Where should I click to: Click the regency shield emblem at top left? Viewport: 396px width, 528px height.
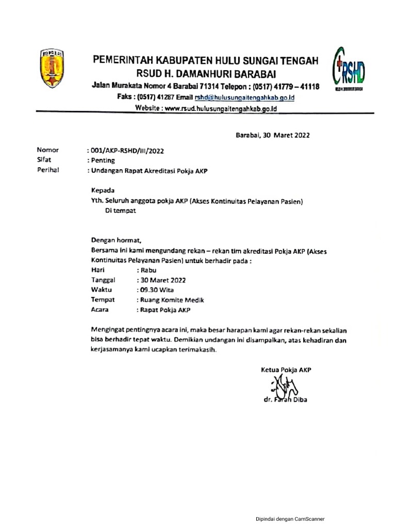point(52,68)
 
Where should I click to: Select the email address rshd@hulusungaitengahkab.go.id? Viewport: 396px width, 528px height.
point(244,97)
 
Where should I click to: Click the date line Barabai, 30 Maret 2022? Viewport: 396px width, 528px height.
point(273,136)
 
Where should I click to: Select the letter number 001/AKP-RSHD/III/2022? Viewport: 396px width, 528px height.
point(127,151)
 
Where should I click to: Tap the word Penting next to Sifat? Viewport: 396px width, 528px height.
point(103,160)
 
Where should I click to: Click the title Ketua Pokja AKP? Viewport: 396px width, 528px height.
point(286,369)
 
